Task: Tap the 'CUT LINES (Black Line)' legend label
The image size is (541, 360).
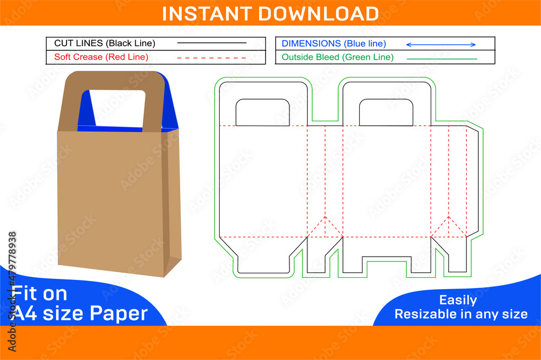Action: coord(104,43)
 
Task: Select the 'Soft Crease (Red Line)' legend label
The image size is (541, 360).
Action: coord(101,57)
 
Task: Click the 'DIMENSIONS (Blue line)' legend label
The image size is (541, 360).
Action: coord(334,43)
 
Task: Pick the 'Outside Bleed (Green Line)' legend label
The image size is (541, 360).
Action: coord(338,57)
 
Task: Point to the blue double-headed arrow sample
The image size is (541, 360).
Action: coord(441,44)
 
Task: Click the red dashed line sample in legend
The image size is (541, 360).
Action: coord(212,57)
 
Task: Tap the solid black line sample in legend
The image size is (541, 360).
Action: coord(212,43)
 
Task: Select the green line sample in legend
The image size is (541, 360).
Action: coord(441,58)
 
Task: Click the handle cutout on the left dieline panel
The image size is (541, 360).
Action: coord(263,113)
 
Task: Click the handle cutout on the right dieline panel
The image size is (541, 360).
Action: coord(386,113)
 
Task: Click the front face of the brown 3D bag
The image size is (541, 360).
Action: coord(111,200)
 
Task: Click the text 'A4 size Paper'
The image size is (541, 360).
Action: coord(80,313)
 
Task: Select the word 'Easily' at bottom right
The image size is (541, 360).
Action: coord(458,300)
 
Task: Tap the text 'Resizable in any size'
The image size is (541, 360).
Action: coord(461,314)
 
